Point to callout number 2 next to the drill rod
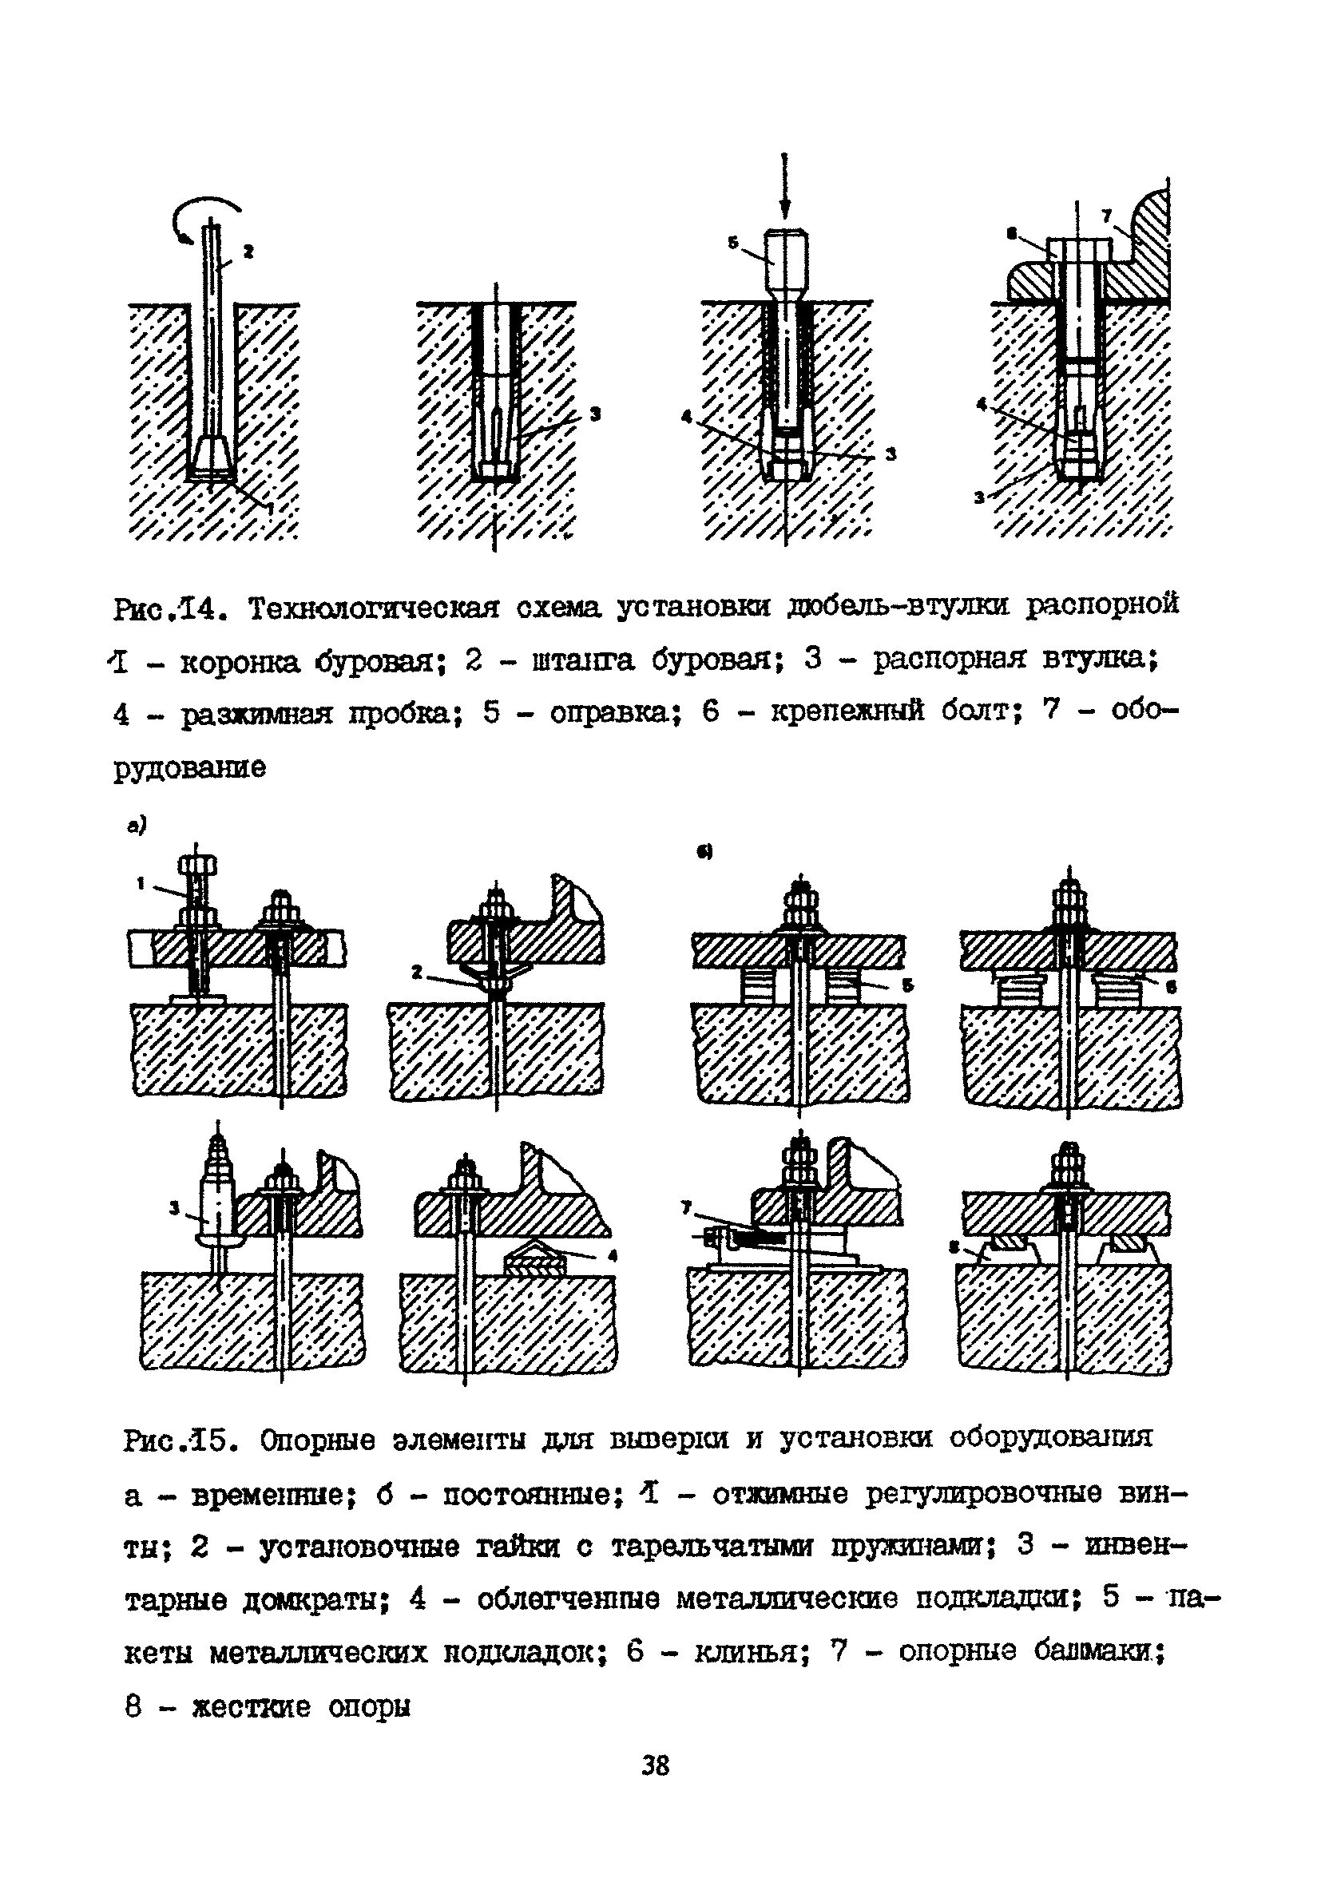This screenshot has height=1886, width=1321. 248,252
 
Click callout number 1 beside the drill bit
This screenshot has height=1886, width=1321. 272,508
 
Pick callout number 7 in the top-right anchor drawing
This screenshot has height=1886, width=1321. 1106,216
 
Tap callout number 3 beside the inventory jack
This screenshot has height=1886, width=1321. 173,1206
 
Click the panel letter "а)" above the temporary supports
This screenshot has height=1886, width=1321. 136,827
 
